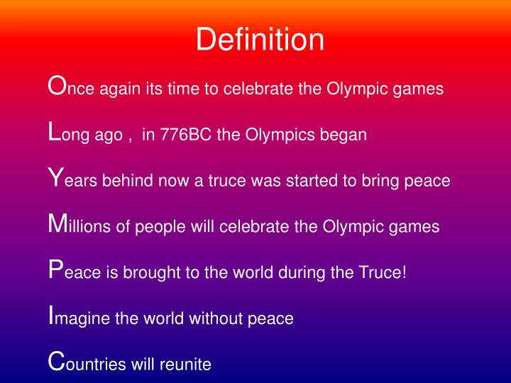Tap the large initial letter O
[x=56, y=86]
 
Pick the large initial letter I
[x=50, y=316]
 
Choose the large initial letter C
[x=56, y=362]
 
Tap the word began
[x=345, y=135]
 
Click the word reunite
[x=187, y=365]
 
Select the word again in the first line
[x=121, y=89]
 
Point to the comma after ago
[x=130, y=137]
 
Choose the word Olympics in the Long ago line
[x=274, y=135]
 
